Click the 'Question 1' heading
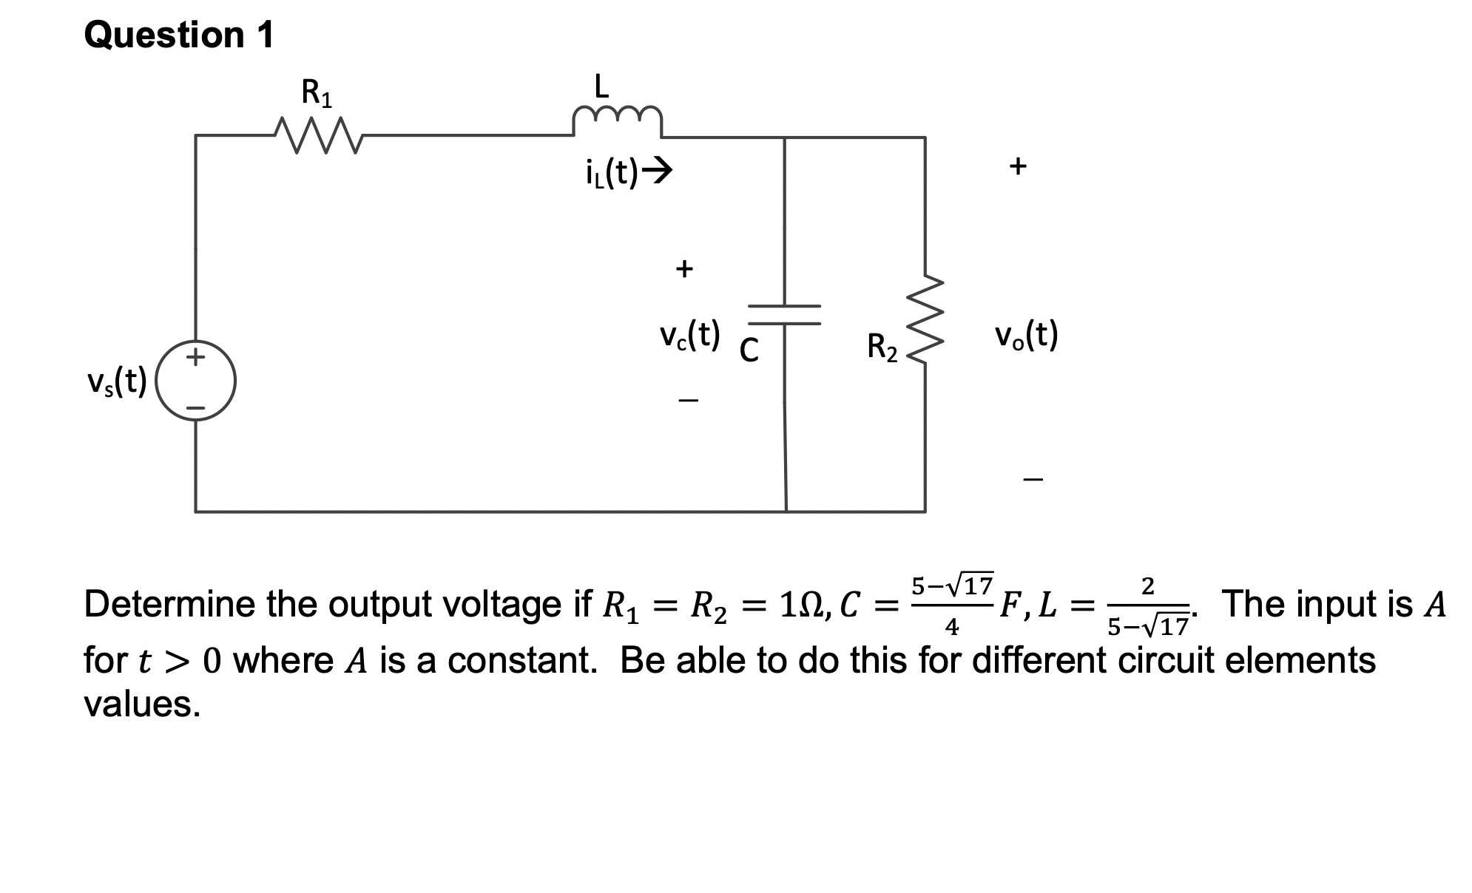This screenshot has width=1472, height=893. pos(179,35)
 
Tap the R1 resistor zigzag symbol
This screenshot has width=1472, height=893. pos(317,135)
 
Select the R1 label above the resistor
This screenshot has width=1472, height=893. pos(317,94)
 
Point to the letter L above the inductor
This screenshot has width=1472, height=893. pos(602,86)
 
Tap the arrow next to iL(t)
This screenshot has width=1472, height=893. pos(657,172)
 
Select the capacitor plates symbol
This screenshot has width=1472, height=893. pos(784,315)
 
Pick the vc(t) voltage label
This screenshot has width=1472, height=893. pos(689,336)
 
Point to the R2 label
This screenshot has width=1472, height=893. pos(882,347)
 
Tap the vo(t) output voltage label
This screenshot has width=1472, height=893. pos(1027,336)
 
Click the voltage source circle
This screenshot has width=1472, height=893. pos(196,381)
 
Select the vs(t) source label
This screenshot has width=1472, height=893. pos(117,381)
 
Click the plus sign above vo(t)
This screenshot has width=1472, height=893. pos(1018,166)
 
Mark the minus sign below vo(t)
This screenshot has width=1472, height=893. pos(1033,480)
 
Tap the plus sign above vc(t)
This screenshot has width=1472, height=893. pos(684,268)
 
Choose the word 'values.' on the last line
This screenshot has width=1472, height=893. pos(142,704)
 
